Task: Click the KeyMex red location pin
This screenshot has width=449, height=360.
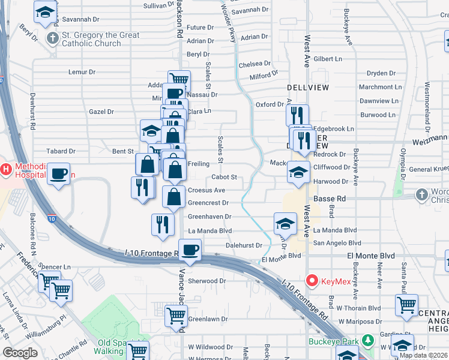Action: pyautogui.click(x=312, y=280)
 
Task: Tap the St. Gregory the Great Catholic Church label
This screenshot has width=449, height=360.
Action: pyautogui.click(x=101, y=39)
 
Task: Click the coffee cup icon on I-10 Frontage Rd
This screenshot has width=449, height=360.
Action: pyautogui.click(x=190, y=251)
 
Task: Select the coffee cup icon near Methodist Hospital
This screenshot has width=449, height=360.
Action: pyautogui.click(x=58, y=175)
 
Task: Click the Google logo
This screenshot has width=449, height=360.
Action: pyautogui.click(x=20, y=353)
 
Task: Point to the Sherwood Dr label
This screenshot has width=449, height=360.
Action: pyautogui.click(x=206, y=281)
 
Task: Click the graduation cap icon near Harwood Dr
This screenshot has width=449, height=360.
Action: pyautogui.click(x=298, y=173)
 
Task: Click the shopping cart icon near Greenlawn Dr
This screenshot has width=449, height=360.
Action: pyautogui.click(x=176, y=316)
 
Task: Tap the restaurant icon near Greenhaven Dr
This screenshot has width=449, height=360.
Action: pyautogui.click(x=163, y=225)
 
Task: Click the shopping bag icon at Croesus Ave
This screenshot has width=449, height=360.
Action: pyautogui.click(x=173, y=197)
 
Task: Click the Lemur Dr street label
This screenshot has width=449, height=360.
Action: pyautogui.click(x=82, y=72)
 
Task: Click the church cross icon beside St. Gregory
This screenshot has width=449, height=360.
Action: pyautogui.click(x=52, y=39)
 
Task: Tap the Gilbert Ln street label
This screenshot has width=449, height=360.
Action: pyautogui.click(x=327, y=59)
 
